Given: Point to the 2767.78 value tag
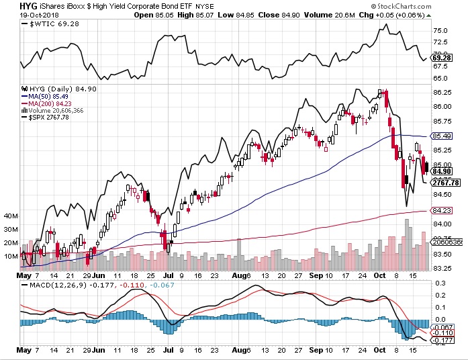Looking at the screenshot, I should point(447,182).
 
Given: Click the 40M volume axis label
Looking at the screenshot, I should point(11,216).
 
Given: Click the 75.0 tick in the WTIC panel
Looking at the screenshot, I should point(441,31).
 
